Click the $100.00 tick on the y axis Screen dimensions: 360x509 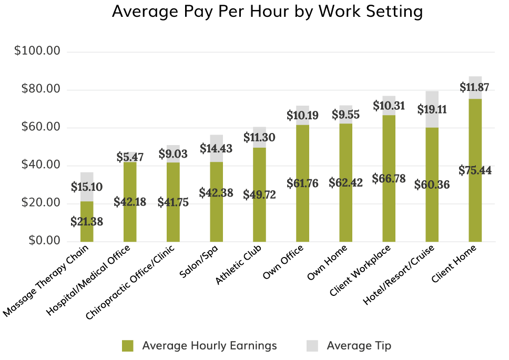click(37, 52)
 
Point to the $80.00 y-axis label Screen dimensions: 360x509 click(40, 89)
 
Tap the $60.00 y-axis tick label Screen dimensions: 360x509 click(40, 127)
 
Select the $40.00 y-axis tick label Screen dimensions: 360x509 click(40, 165)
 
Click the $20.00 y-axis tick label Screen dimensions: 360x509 click(40, 203)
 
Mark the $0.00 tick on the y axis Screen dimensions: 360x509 click(44, 241)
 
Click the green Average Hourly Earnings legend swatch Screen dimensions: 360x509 click(128, 346)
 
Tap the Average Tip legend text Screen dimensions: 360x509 click(359, 346)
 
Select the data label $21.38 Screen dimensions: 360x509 click(87, 222)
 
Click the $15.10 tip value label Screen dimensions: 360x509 click(87, 187)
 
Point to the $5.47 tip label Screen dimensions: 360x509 click(130, 157)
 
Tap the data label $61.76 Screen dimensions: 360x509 click(302, 184)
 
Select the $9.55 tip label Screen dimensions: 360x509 click(345, 115)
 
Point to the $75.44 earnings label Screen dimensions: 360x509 click(475, 171)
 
